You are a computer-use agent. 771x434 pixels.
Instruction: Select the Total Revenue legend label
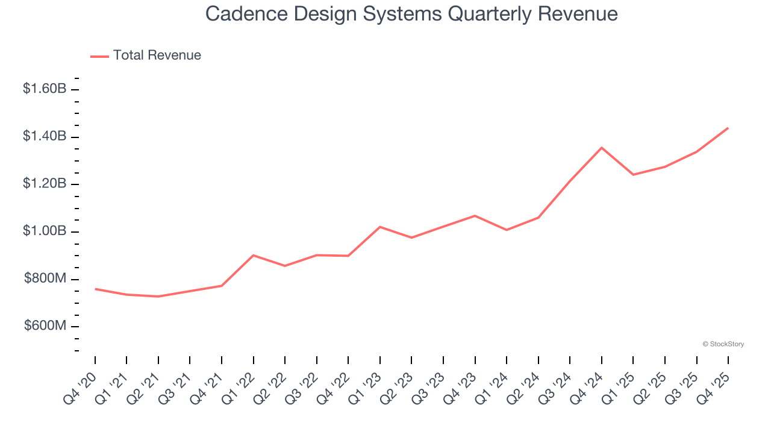pyautogui.click(x=157, y=55)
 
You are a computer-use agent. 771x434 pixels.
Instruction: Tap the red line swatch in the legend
pyautogui.click(x=99, y=56)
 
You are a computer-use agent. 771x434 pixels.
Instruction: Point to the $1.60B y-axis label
pyautogui.click(x=45, y=89)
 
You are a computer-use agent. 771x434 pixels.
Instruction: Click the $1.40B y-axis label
pyautogui.click(x=45, y=137)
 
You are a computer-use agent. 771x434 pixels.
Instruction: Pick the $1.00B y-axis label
pyautogui.click(x=45, y=231)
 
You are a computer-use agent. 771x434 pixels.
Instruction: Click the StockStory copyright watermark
pyautogui.click(x=723, y=344)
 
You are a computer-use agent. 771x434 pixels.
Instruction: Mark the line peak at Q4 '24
pyautogui.click(x=602, y=148)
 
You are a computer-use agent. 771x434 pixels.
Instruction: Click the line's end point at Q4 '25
pyautogui.click(x=728, y=128)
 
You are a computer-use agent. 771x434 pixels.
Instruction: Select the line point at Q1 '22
pyautogui.click(x=254, y=255)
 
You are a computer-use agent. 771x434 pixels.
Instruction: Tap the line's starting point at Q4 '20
pyautogui.click(x=95, y=289)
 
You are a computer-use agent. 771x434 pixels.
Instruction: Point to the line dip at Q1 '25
pyautogui.click(x=633, y=175)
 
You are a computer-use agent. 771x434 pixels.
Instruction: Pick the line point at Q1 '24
pyautogui.click(x=507, y=230)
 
